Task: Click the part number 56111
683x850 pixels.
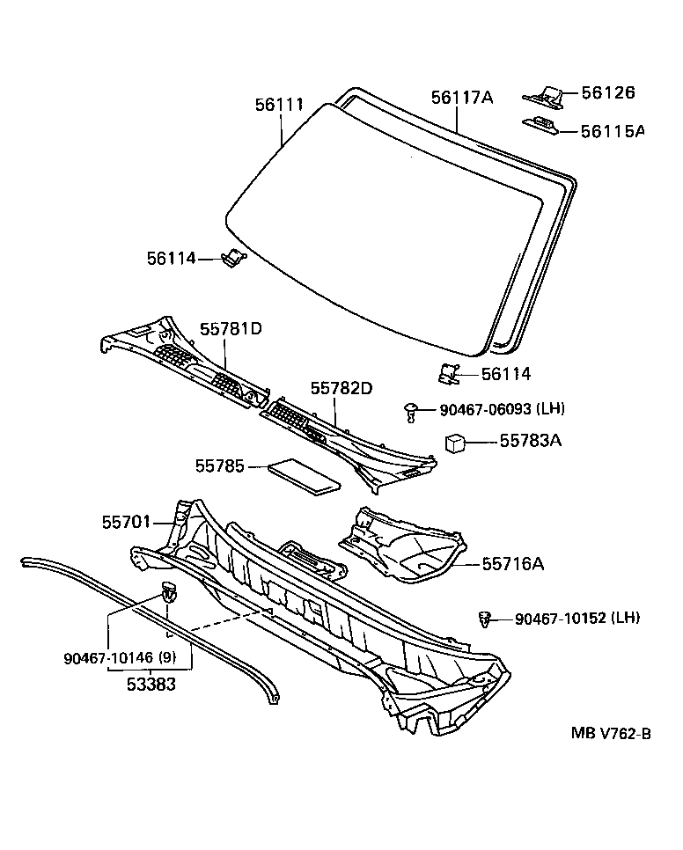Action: [279, 105]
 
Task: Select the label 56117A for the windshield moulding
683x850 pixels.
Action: [461, 98]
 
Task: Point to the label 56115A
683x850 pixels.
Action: [613, 131]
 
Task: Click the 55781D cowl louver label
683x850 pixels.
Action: [231, 329]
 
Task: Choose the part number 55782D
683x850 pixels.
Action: [341, 388]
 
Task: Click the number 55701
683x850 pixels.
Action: [125, 523]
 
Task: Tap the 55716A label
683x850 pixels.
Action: [512, 563]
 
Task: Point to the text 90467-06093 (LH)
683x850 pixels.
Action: [502, 409]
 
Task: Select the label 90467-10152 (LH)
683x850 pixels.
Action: [577, 619]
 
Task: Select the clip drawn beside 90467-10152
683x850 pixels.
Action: [483, 619]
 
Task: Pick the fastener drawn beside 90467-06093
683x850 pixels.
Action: [411, 408]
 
